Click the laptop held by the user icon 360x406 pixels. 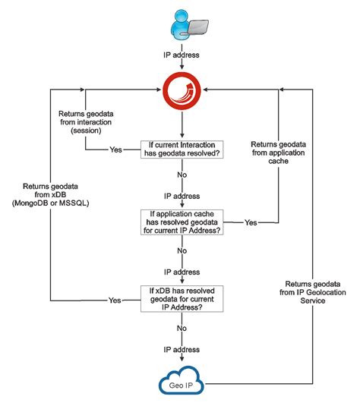pos(196,25)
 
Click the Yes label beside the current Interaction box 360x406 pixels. pos(116,149)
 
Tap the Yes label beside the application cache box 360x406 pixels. pos(250,222)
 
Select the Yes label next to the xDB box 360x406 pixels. pos(115,300)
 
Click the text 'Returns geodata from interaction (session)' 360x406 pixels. pos(85,120)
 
